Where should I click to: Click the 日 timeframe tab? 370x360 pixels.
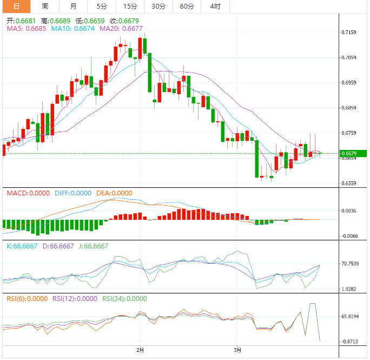coord(16,6)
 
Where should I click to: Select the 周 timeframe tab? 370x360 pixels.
coord(45,6)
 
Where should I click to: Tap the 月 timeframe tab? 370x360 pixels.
coord(73,6)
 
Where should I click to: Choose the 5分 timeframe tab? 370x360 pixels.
coord(102,6)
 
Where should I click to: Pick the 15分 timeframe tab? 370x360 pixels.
coord(130,6)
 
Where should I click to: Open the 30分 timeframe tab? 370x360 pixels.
coord(158,6)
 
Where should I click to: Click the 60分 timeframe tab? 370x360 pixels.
coord(187,6)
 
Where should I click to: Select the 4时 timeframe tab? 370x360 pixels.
coord(215,6)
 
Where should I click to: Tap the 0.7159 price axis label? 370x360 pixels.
coord(349,32)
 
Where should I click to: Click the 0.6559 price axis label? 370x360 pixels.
coord(349,184)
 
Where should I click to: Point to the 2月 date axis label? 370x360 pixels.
coord(141,350)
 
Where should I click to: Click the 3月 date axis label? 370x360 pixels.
coord(238,350)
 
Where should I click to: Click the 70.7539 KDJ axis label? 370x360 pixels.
coord(351,264)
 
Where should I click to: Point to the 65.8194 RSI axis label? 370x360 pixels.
coord(351,316)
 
